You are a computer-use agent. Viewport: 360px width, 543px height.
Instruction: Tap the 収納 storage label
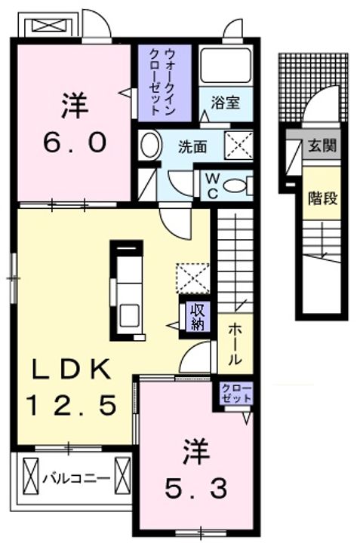(198, 317)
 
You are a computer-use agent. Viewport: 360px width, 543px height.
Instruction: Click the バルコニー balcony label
(75, 477)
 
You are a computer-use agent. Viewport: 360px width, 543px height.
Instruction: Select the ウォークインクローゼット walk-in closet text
(165, 81)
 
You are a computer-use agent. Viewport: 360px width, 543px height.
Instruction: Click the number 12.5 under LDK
(72, 406)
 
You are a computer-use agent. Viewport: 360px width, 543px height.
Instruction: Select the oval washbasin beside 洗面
(151, 145)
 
